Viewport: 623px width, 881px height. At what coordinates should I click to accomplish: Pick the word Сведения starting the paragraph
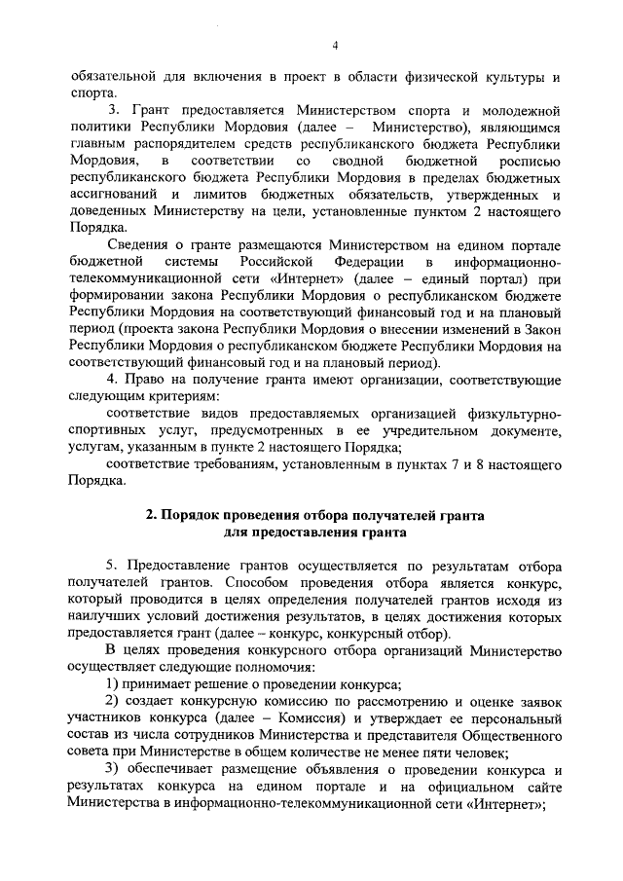(x=135, y=246)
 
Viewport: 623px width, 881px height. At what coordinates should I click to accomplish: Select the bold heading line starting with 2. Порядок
(x=313, y=515)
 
